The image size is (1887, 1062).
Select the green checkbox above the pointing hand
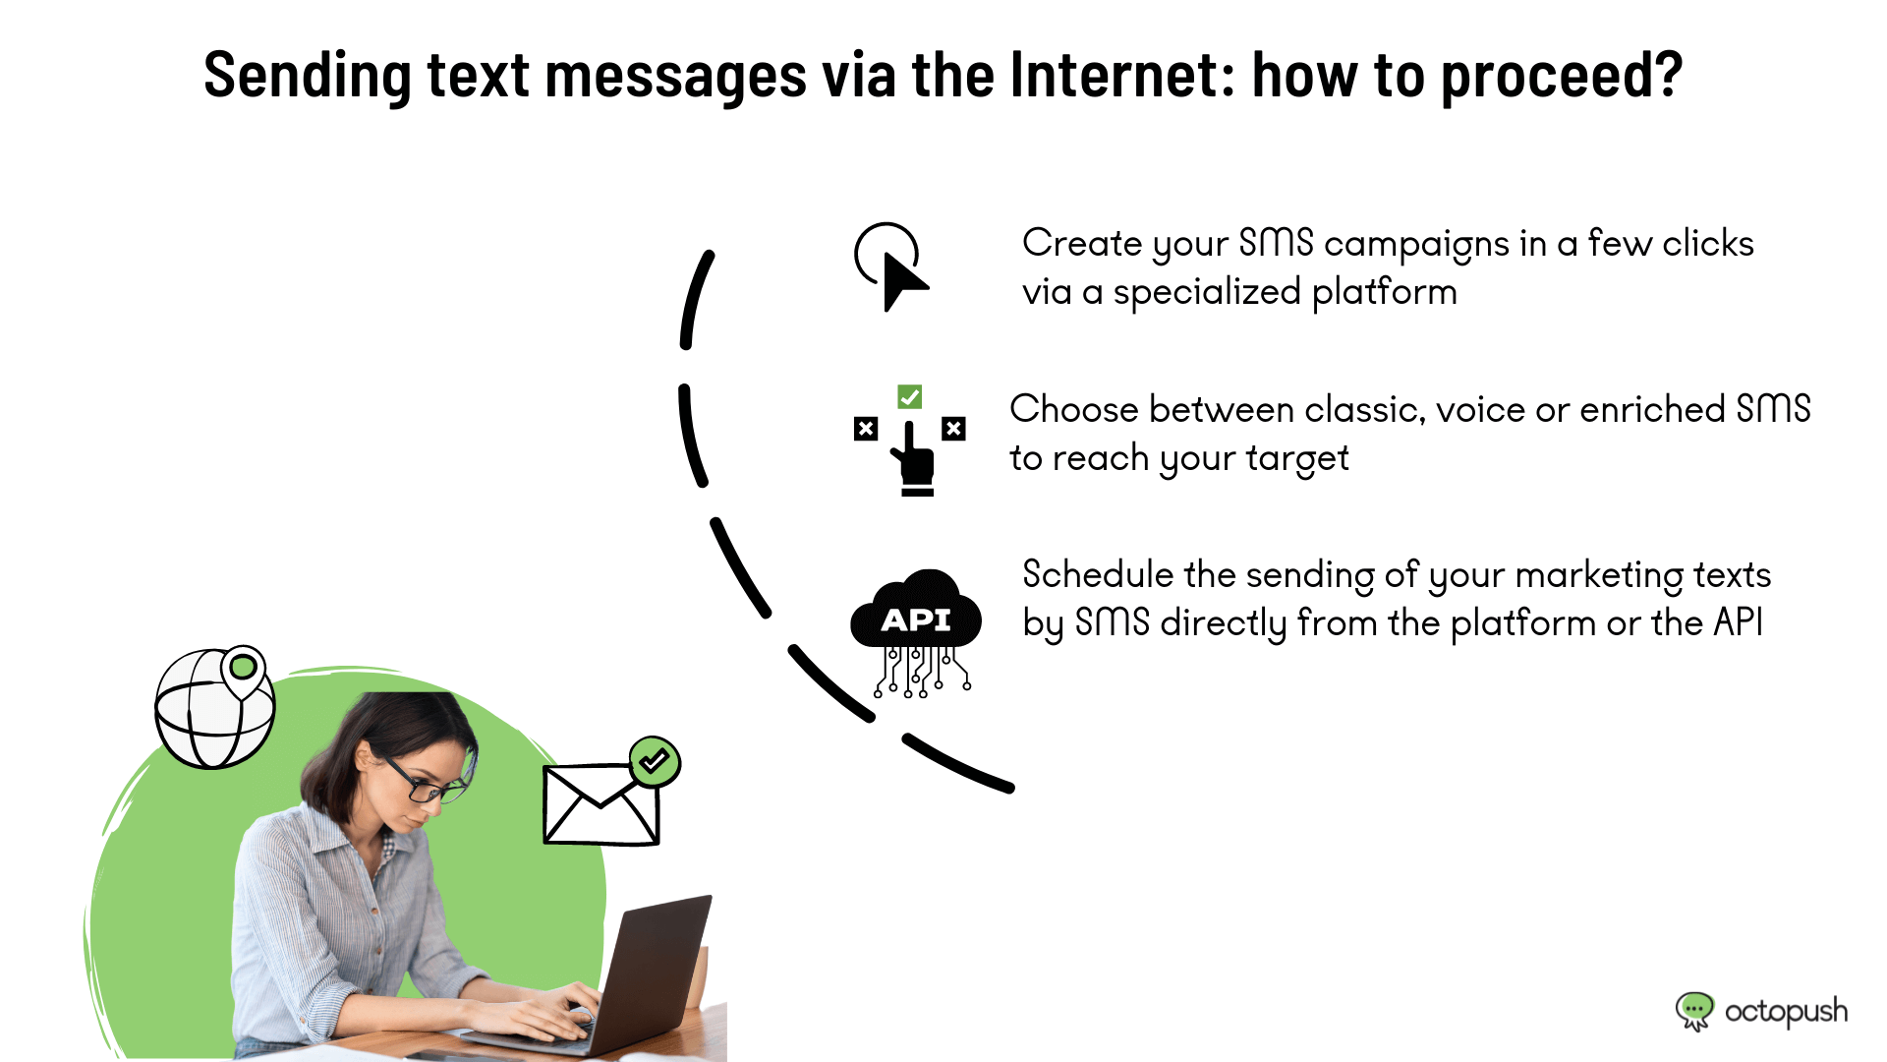pyautogui.click(x=910, y=396)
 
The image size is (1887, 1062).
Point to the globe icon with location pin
pyautogui.click(x=215, y=706)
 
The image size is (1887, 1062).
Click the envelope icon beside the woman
pyautogui.click(x=601, y=804)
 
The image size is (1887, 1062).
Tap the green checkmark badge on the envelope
pyautogui.click(x=655, y=761)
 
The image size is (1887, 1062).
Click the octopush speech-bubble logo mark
pyautogui.click(x=1694, y=1011)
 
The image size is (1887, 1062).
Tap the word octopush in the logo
pyautogui.click(x=1786, y=1012)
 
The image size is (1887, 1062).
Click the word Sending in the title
pyautogui.click(x=308, y=77)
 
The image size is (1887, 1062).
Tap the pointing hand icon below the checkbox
pyautogui.click(x=914, y=458)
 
